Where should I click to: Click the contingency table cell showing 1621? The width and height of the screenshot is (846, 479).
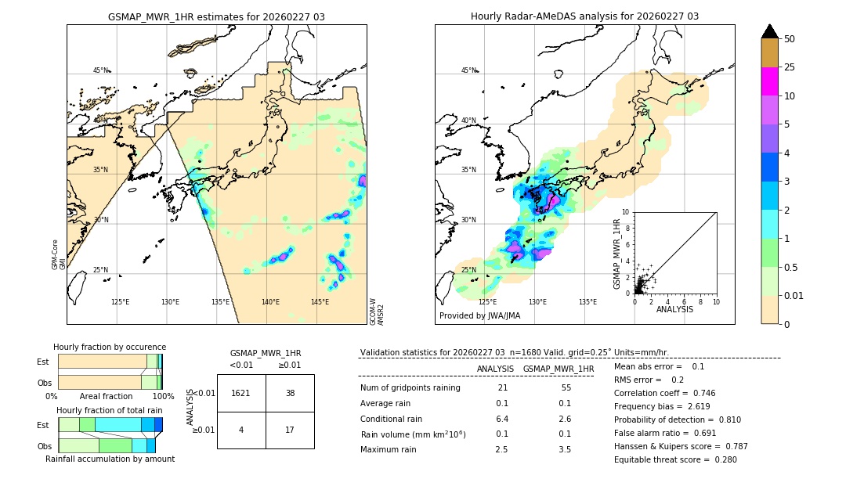click(x=241, y=393)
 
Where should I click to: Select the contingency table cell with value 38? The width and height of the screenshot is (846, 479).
click(x=290, y=393)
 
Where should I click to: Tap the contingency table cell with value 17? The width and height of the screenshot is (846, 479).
click(x=290, y=430)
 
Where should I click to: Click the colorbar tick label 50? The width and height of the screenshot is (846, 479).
click(x=790, y=38)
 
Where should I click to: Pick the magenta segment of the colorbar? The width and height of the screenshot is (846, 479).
click(x=770, y=81)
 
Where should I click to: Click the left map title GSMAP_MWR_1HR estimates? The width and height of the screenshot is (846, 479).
click(x=216, y=16)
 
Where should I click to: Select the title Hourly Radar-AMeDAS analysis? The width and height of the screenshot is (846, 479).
click(x=584, y=16)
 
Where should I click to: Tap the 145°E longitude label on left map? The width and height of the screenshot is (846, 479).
click(x=320, y=301)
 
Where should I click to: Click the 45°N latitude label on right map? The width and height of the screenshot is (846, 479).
click(x=468, y=70)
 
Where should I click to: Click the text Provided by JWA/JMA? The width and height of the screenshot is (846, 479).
click(x=479, y=315)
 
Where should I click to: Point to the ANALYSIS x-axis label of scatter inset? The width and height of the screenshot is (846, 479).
click(x=674, y=309)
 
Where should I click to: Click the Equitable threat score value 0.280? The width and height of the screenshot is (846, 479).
click(x=721, y=459)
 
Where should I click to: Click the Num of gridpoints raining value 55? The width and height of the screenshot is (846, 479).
click(x=566, y=388)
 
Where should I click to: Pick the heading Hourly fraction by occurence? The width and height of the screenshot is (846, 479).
click(x=110, y=347)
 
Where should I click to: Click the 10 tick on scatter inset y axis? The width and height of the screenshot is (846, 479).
click(x=625, y=211)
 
